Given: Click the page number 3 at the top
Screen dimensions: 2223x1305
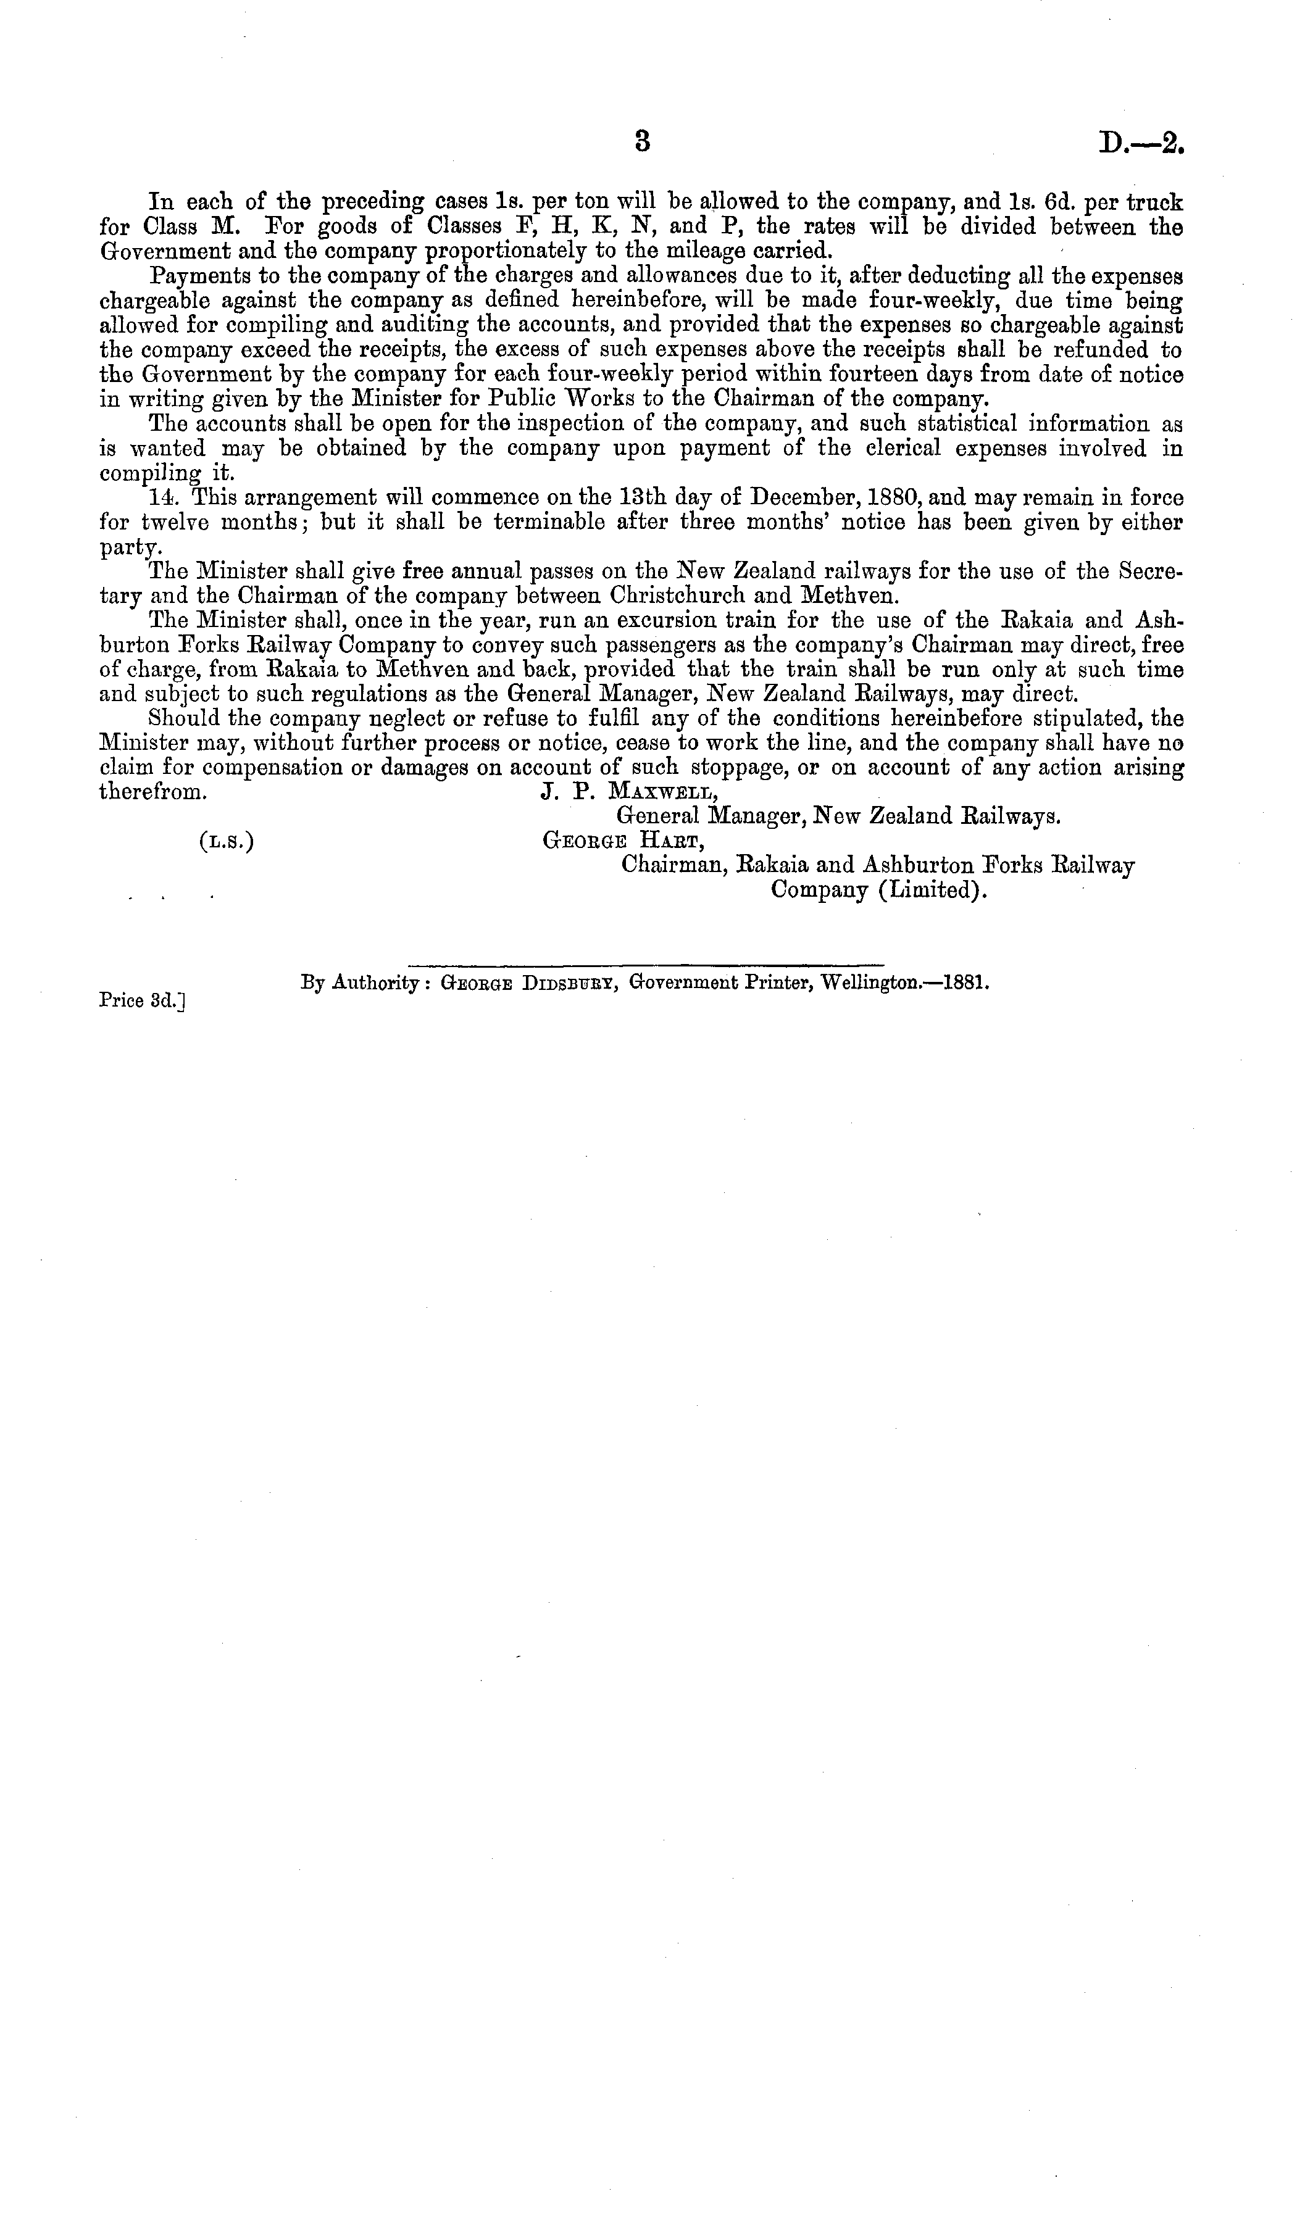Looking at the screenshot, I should (643, 141).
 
